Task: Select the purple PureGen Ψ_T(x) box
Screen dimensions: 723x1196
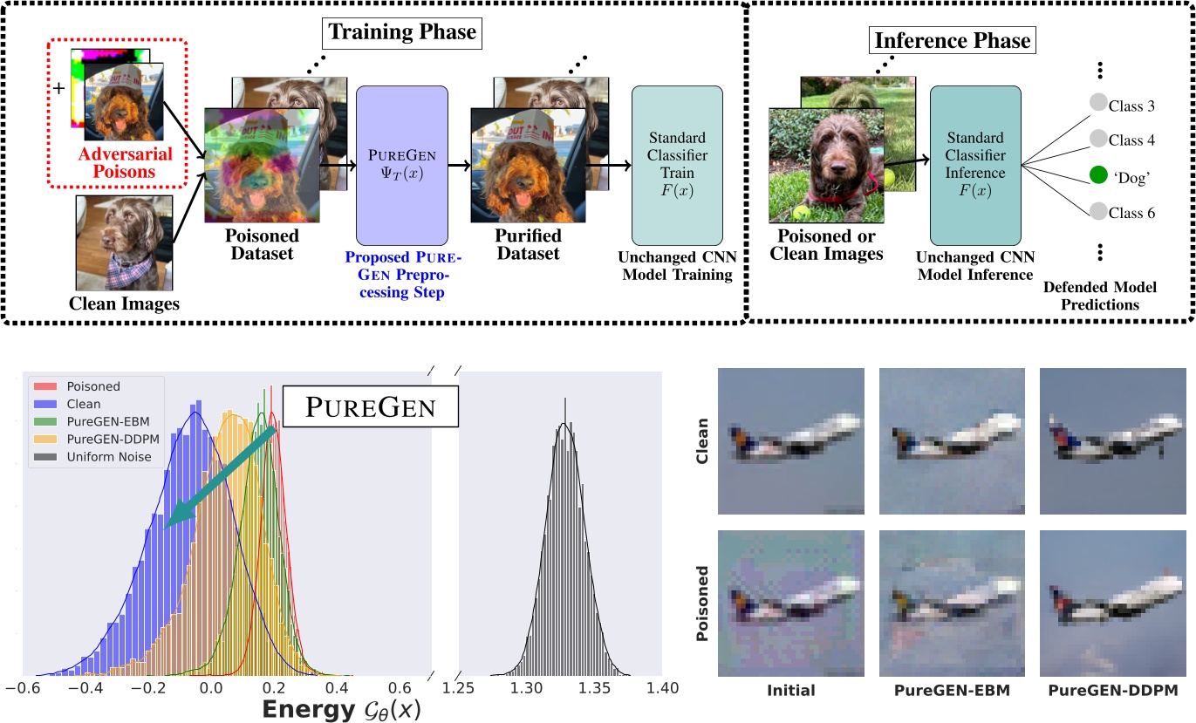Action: [402, 165]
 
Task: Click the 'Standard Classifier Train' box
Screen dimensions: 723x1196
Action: [677, 165]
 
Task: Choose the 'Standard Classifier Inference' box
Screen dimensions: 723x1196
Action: [975, 165]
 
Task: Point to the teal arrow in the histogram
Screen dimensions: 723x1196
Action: [218, 476]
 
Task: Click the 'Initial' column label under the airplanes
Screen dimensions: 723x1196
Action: [790, 690]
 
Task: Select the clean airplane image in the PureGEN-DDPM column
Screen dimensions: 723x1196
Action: [1113, 440]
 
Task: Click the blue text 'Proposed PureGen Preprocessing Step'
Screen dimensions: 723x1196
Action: [402, 276]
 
